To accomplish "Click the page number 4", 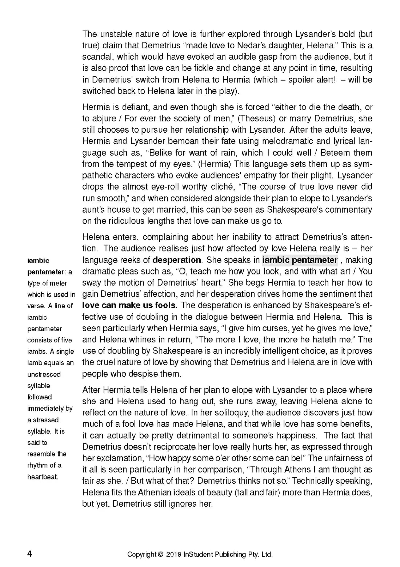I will (x=29, y=554).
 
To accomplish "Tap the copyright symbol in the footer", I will (x=160, y=555).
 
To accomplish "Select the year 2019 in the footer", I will (x=174, y=555).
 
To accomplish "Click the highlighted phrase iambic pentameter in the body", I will (x=300, y=260).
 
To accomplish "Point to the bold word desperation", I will (x=177, y=260).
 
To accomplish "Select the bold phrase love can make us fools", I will (x=130, y=305).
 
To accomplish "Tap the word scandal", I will (x=95, y=57).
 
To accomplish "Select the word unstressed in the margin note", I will (x=44, y=374).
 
